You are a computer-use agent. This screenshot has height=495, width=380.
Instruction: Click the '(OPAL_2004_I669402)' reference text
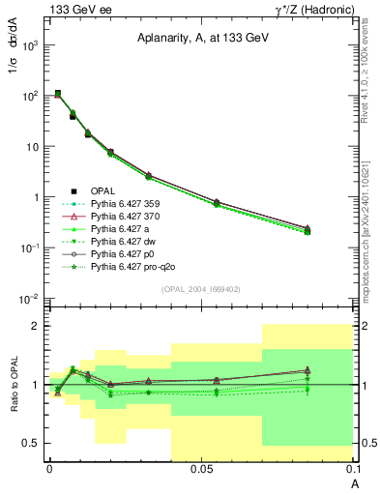(201, 288)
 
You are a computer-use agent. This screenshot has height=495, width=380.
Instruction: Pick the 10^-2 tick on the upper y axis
(31, 298)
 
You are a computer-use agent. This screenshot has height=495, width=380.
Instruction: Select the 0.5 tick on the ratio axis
(32, 443)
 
